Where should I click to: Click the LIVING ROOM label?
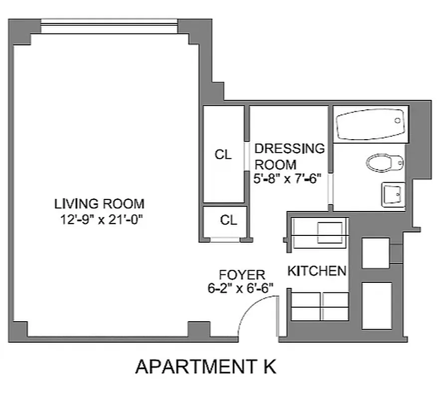(99, 203)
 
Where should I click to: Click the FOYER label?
(242, 275)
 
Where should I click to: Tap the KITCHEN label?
(317, 271)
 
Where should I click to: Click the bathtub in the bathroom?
(370, 124)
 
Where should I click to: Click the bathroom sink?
(393, 194)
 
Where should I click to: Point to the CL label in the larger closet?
(223, 155)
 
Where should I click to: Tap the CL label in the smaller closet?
(229, 220)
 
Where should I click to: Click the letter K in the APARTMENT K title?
(269, 367)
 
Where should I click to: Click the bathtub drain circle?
(398, 121)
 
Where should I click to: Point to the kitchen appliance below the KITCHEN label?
(319, 306)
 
